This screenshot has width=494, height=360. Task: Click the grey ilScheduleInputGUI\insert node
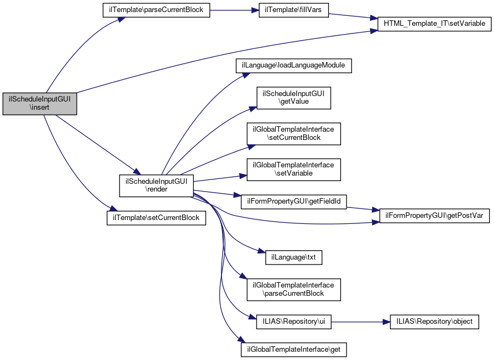click(x=39, y=104)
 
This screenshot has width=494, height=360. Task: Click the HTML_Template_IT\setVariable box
click(x=434, y=25)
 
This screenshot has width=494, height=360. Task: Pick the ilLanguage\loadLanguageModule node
click(x=293, y=65)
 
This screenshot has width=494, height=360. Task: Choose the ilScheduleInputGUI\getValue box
click(x=294, y=98)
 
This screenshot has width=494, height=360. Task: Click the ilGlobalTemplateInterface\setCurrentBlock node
click(x=294, y=134)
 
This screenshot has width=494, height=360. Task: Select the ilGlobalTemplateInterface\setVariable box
click(x=294, y=169)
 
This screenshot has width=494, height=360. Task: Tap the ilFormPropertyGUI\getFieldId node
click(x=294, y=201)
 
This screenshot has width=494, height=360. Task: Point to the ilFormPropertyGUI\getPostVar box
click(x=434, y=216)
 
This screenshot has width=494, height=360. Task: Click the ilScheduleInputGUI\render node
click(x=156, y=185)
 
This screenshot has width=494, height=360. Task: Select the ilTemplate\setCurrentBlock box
click(x=156, y=217)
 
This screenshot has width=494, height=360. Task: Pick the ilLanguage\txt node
click(x=294, y=257)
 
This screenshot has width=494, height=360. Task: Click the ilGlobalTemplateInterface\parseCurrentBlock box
click(x=294, y=289)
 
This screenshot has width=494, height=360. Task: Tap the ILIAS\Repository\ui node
click(x=294, y=322)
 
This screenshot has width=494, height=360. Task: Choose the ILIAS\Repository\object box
click(x=434, y=322)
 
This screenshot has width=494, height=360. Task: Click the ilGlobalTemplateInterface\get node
click(x=294, y=349)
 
